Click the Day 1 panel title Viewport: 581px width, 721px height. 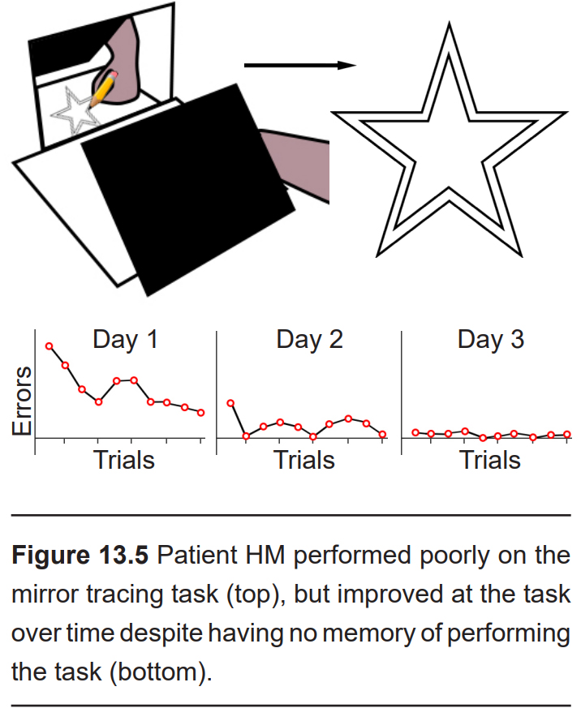pos(126,340)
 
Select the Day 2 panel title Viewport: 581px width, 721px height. pos(310,340)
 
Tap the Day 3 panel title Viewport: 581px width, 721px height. pos(491,340)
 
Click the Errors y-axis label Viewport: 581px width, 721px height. pos(22,401)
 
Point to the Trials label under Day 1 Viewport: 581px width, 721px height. pos(124,460)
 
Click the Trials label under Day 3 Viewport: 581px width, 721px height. pos(490,460)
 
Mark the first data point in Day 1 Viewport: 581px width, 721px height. pos(49,345)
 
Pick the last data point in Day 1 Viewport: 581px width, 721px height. pos(200,413)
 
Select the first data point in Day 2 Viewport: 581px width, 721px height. pos(231,403)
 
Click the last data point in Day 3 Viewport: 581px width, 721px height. pos(566,434)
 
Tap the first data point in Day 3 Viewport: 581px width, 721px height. pos(415,432)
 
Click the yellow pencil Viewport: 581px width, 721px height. pos(104,89)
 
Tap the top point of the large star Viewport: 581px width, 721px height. pos(449,23)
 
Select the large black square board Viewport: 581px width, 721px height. pos(187,190)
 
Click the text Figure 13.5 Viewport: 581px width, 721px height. pos(80,555)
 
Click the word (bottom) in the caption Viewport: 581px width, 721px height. pos(161,672)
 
